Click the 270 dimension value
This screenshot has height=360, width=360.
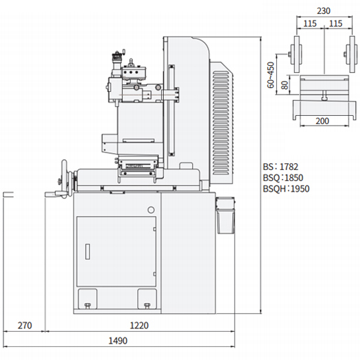point(25,325)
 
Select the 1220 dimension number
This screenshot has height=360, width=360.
point(139,325)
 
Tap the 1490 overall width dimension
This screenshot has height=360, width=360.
point(118,341)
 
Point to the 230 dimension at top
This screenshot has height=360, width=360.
point(324,11)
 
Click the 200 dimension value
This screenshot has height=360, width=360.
point(322,121)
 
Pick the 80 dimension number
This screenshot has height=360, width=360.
point(285,85)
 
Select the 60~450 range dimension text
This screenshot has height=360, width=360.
point(271,75)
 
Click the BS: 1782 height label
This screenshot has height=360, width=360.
point(280,167)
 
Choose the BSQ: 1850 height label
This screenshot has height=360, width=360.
point(283,178)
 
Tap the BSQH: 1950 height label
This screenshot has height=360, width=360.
point(286,189)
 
